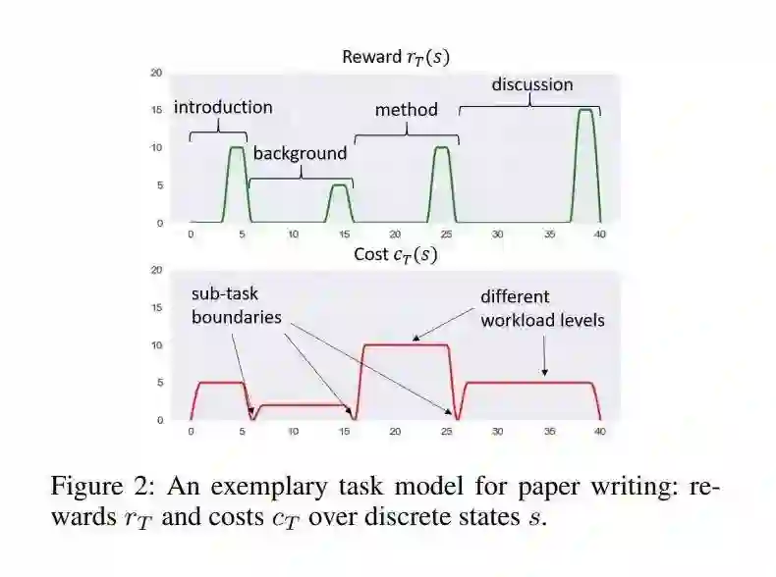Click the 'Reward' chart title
(x=396, y=57)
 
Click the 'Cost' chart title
(x=395, y=255)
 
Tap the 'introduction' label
(x=223, y=107)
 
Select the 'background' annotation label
(x=300, y=153)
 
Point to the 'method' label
(x=406, y=109)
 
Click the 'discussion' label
(x=531, y=84)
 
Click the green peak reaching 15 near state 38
(x=585, y=111)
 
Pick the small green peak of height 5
(x=339, y=185)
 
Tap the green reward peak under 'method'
(x=442, y=148)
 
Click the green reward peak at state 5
(x=237, y=148)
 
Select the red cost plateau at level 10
(x=406, y=344)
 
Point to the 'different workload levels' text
(x=542, y=307)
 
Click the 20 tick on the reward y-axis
(x=156, y=73)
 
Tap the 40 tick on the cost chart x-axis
(x=599, y=432)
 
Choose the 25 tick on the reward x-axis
(x=446, y=235)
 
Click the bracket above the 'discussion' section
(x=529, y=105)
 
